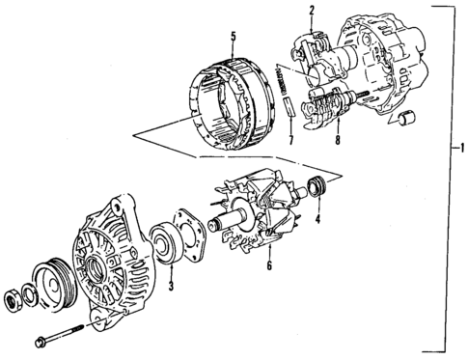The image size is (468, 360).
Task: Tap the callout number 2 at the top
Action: click(312, 11)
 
